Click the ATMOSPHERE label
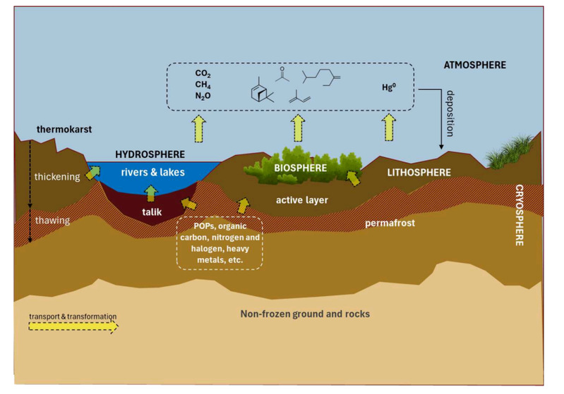point(475,65)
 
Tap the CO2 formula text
point(203,73)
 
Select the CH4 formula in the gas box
point(203,85)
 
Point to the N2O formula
point(204,96)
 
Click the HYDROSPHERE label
point(150,154)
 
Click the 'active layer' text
point(302,200)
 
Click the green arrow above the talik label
point(150,192)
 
